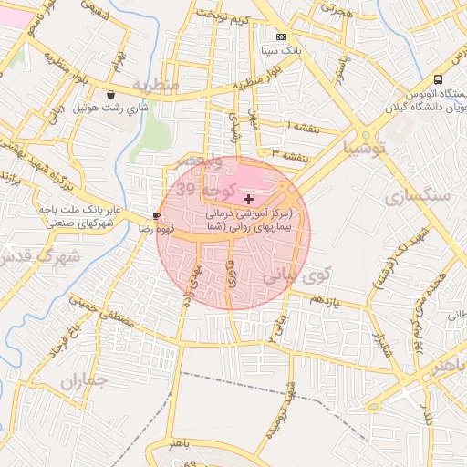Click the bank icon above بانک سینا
coord(280,37)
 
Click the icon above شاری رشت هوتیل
coord(111,94)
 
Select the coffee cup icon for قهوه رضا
coord(156,215)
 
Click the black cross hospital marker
coord(249,198)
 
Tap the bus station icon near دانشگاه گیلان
coord(439,79)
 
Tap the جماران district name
coord(85,380)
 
